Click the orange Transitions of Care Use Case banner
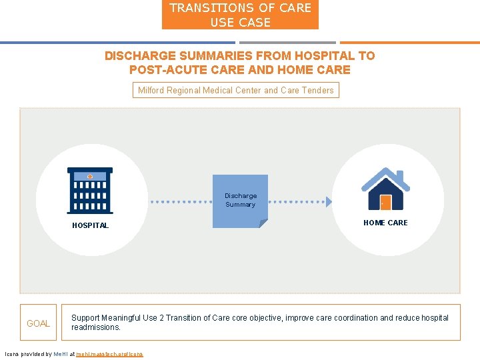tap(240, 15)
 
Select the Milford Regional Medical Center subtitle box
tap(235, 90)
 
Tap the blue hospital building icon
tap(90, 190)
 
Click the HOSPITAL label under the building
tap(90, 225)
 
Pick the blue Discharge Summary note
tap(240, 201)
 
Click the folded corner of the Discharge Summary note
tap(263, 223)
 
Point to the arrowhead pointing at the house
tap(328, 201)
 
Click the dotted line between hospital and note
tap(177, 201)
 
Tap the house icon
tap(385, 189)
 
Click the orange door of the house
tap(385, 202)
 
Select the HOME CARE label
tap(385, 223)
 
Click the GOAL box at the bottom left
tap(38, 323)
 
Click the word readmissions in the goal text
tap(96, 327)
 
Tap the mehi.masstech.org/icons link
tap(109, 354)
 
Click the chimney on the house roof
tap(400, 176)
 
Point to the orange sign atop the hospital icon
tap(90, 176)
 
